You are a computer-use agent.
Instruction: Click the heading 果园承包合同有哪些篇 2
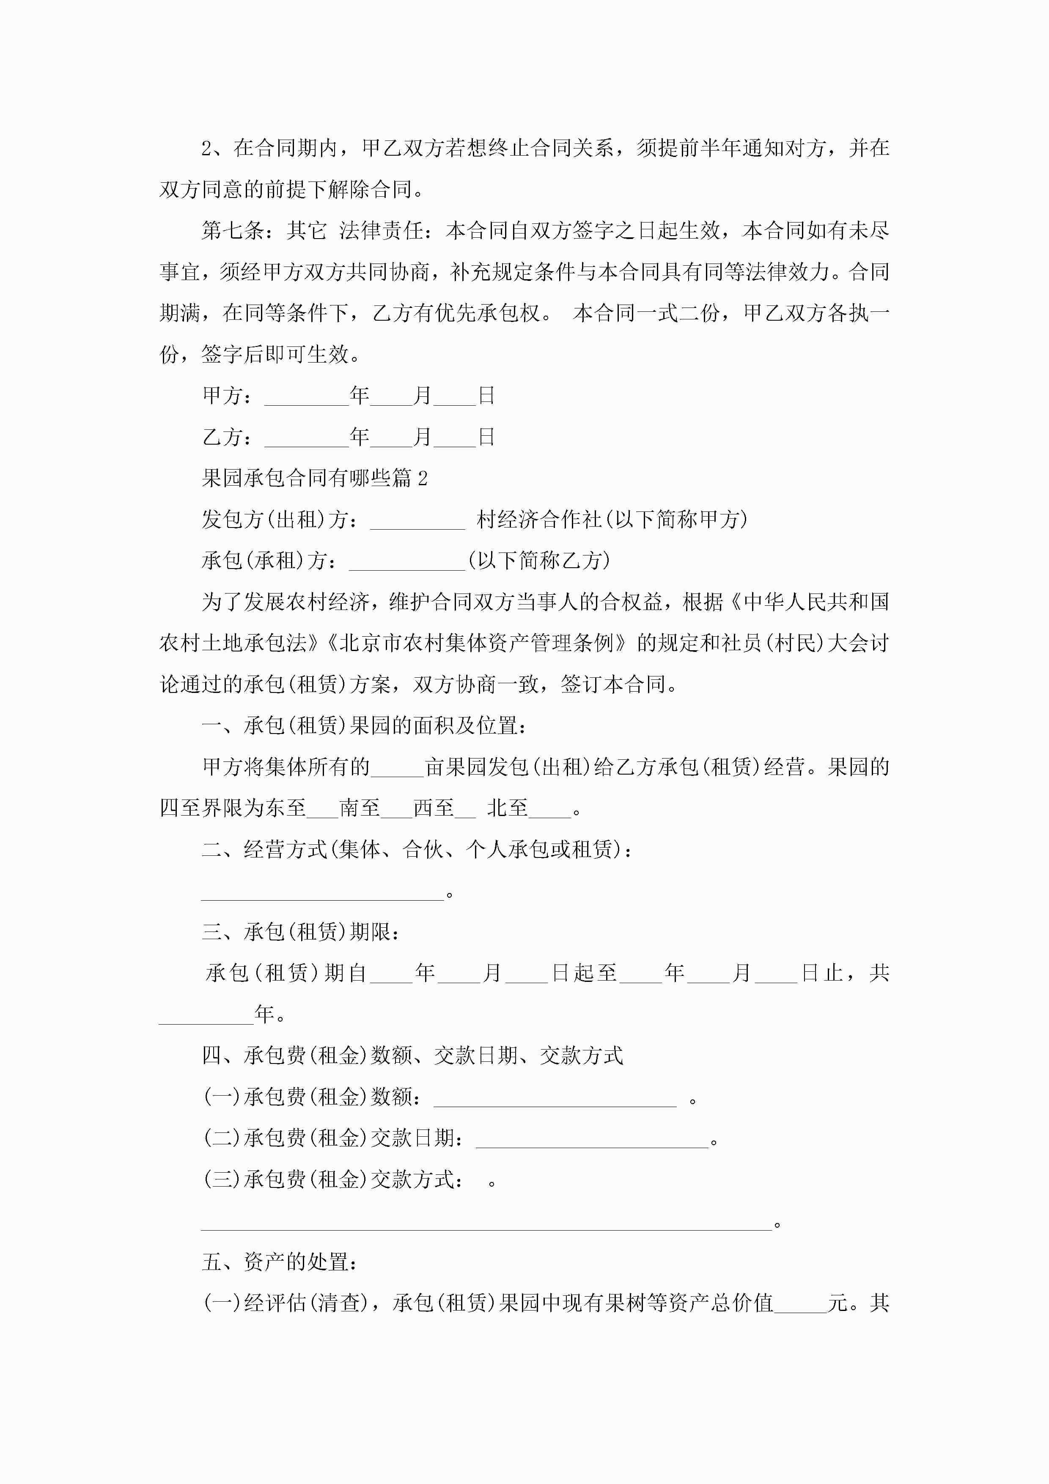[x=314, y=478]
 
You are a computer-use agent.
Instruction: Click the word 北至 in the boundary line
[x=508, y=808]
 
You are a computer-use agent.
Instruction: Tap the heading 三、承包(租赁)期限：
[x=301, y=932]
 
